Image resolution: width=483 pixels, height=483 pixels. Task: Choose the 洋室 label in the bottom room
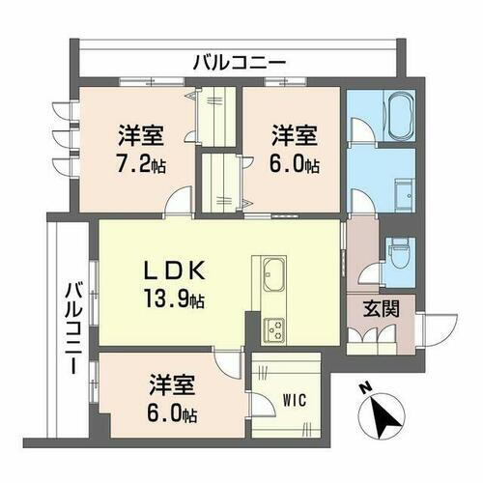172,386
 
